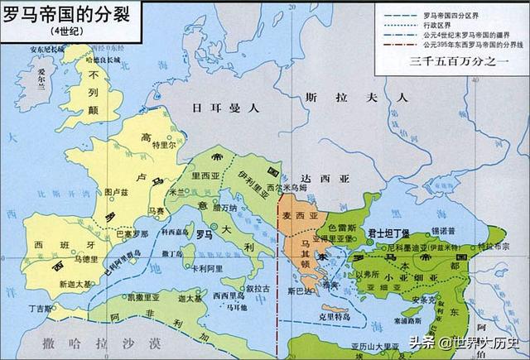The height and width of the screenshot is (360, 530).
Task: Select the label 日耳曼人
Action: click(215, 107)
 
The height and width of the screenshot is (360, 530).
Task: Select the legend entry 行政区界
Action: click(447, 24)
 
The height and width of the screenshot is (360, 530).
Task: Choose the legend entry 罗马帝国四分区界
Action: click(460, 12)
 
